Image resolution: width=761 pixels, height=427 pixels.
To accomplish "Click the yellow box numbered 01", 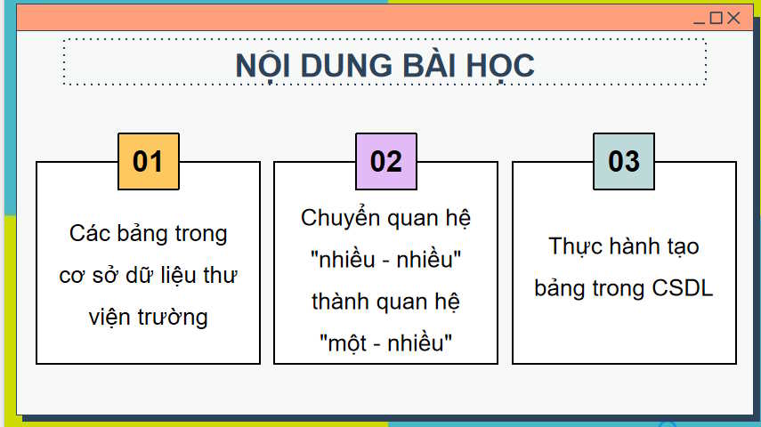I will tap(149, 162).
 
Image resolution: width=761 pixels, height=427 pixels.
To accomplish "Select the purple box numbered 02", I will tap(385, 162).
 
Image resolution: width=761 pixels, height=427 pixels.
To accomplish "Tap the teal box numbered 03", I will tap(623, 162).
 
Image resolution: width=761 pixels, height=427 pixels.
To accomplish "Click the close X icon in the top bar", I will tap(733, 18).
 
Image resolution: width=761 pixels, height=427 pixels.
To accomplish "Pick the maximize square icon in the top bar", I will tap(716, 18).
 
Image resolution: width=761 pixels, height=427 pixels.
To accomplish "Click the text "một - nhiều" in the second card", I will tap(385, 343).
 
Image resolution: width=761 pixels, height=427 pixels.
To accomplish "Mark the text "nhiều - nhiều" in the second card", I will tap(385, 260).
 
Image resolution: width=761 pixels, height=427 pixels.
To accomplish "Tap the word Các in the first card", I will tap(90, 233).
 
